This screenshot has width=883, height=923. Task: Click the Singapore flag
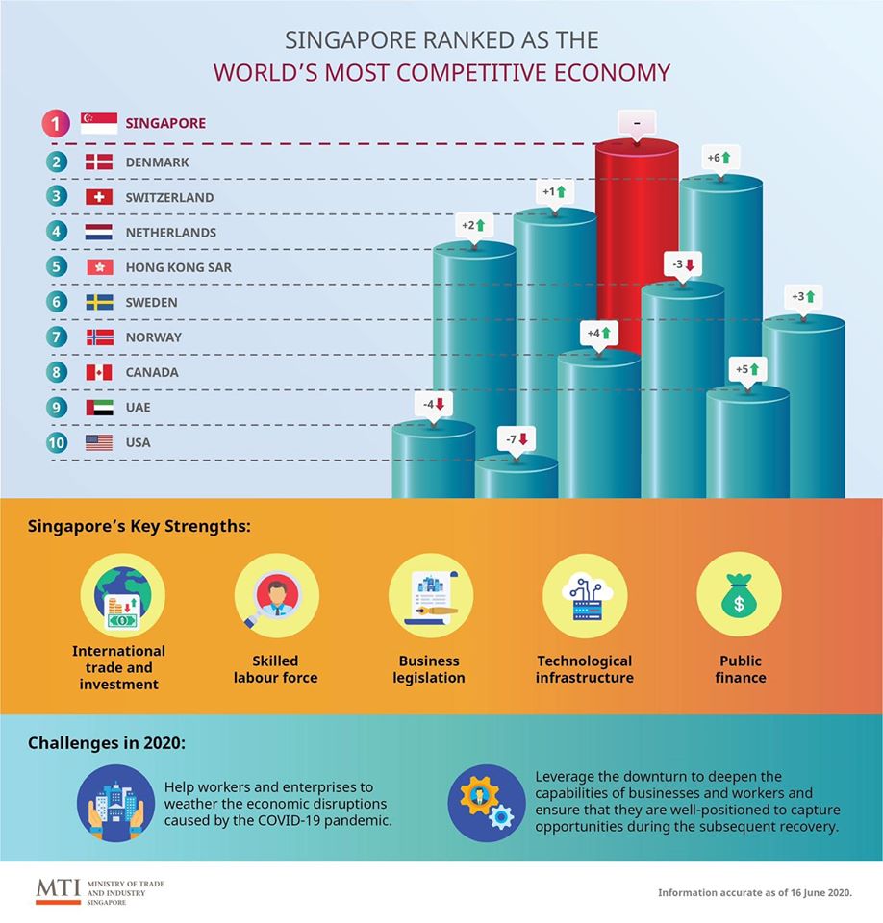pos(99,123)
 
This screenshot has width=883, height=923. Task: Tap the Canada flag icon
pos(99,372)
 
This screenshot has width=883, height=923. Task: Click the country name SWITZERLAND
pos(169,197)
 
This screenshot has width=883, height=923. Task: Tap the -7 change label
pos(517,439)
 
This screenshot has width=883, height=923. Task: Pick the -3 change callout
pos(683,263)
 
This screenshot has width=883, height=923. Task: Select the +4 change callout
pos(598,333)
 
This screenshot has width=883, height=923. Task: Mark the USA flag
pos(99,442)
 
